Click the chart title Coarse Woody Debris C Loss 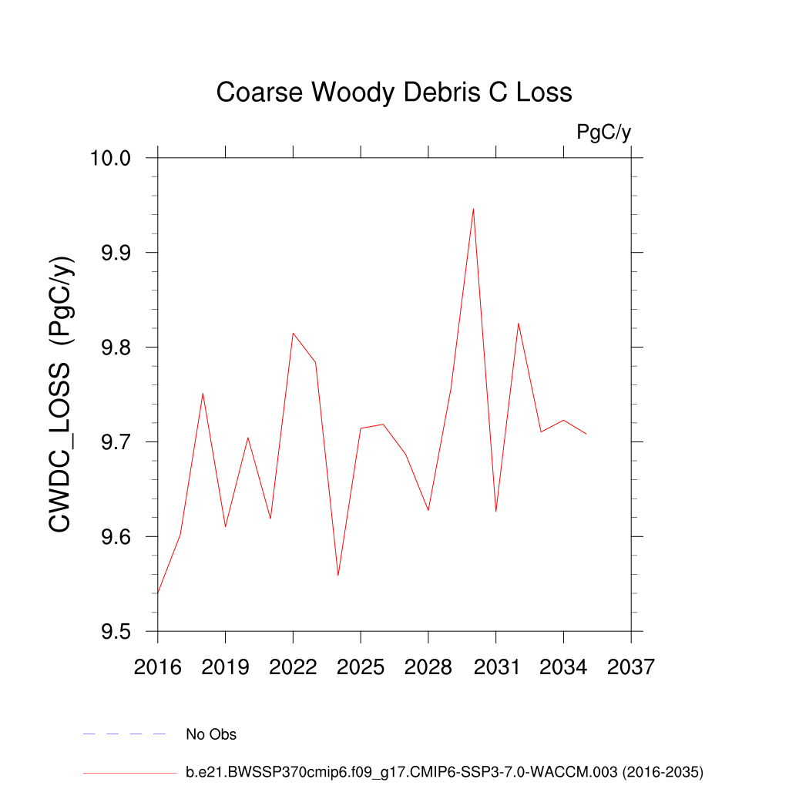[x=394, y=92]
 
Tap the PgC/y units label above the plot [x=604, y=133]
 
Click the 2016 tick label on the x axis [x=158, y=666]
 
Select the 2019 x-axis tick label [x=226, y=666]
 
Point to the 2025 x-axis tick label [x=361, y=666]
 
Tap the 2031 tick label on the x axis [x=496, y=666]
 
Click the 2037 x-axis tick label [x=631, y=666]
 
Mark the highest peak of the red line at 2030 [x=473, y=209]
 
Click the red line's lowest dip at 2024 [x=338, y=575]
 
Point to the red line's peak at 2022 [x=293, y=333]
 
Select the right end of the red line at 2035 [x=586, y=434]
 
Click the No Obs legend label [x=211, y=734]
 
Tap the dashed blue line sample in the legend [x=125, y=734]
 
